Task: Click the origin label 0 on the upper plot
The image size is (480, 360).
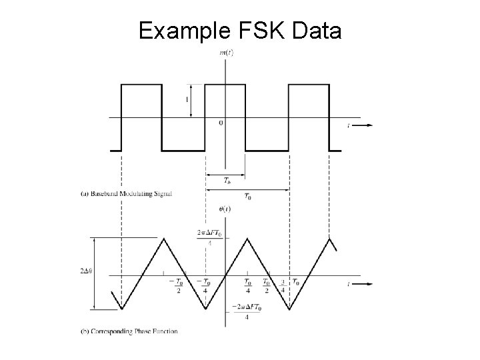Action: coord(221,123)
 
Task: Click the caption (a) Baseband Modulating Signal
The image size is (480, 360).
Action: coord(126,194)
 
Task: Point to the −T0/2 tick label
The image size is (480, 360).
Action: coord(177,285)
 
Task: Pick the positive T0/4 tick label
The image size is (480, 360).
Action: coord(247,285)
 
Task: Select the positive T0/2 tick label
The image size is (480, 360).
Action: coord(266,285)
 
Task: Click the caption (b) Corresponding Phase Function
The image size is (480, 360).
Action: coord(129,331)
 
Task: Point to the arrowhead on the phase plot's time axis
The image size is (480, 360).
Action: coord(369,283)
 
